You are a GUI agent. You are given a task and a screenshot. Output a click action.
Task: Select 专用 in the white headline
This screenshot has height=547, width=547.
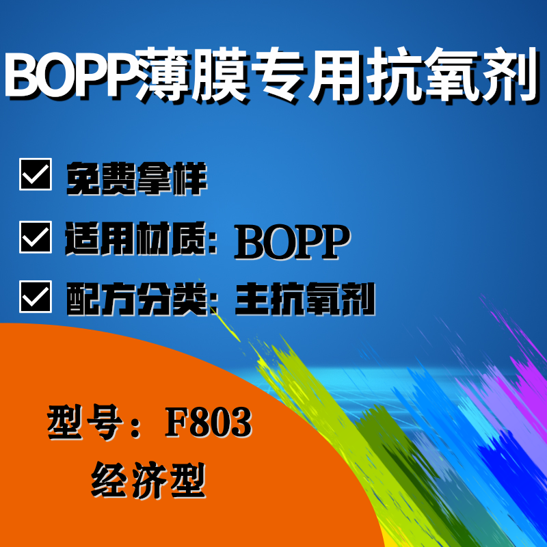[306, 75]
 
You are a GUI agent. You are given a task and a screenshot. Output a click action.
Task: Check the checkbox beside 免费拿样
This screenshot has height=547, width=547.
[36, 174]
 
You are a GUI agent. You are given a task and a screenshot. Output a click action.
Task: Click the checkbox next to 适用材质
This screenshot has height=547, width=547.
[36, 237]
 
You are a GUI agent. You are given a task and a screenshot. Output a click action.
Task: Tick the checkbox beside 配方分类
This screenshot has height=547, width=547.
[36, 297]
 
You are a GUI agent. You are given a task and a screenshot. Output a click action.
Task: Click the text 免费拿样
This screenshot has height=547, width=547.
[136, 178]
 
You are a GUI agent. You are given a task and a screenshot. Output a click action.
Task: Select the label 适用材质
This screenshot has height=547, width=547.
[135, 238]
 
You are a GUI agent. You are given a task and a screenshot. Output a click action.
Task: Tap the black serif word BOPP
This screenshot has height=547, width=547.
[292, 241]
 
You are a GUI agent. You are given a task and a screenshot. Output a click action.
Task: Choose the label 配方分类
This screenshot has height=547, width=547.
[136, 299]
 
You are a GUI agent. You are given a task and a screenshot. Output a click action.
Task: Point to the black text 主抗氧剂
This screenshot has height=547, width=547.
[305, 299]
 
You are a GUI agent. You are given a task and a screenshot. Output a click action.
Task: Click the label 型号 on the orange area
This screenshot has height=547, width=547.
[85, 423]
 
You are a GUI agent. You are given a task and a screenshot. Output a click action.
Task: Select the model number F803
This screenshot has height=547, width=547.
[209, 423]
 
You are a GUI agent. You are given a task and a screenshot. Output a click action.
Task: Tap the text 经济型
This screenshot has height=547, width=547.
[148, 480]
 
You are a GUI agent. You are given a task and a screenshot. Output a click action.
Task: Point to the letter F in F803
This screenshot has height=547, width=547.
[176, 423]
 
